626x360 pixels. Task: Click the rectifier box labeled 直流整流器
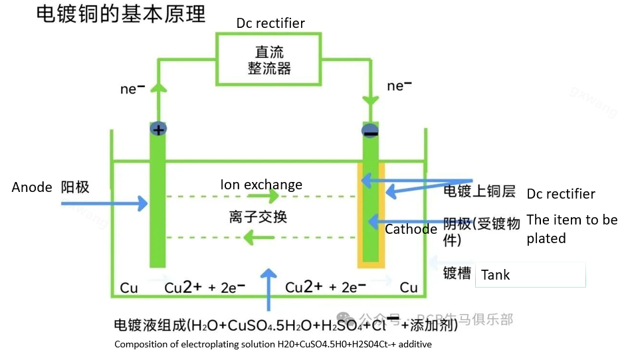pyautogui.click(x=269, y=60)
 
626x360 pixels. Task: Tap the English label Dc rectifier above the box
pyautogui.click(x=270, y=23)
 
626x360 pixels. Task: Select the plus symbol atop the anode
pyautogui.click(x=157, y=130)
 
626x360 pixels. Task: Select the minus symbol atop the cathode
pyautogui.click(x=369, y=132)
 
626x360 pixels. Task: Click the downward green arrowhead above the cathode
pyautogui.click(x=369, y=102)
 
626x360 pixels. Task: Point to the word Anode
pyautogui.click(x=32, y=187)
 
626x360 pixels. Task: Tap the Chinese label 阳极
pyautogui.click(x=75, y=187)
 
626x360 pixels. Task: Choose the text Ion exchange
pyautogui.click(x=261, y=185)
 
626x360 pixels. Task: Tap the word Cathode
pyautogui.click(x=411, y=229)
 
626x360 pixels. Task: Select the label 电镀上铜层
pyautogui.click(x=479, y=191)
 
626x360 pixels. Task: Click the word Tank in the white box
pyautogui.click(x=496, y=275)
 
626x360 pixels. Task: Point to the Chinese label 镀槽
pyautogui.click(x=457, y=274)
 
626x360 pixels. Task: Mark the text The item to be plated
pyautogui.click(x=572, y=228)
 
